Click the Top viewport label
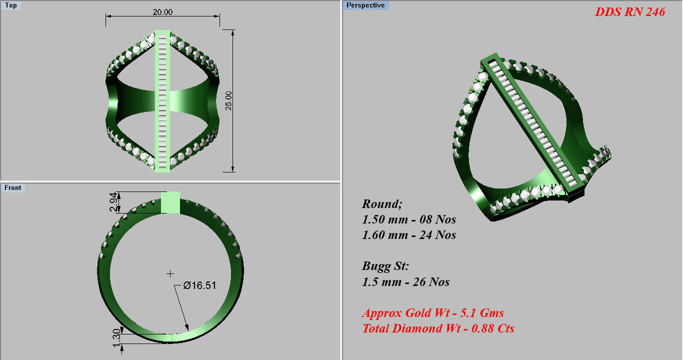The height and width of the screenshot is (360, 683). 10,5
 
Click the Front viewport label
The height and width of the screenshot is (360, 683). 13,187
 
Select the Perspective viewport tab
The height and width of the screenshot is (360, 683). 365,5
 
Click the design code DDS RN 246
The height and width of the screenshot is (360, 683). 629,12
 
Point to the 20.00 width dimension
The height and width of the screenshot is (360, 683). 162,12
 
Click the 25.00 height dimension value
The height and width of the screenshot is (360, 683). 229,101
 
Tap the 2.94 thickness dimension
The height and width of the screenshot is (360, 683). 113,202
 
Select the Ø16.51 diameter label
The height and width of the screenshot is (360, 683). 199,285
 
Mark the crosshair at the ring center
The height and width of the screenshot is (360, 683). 170,273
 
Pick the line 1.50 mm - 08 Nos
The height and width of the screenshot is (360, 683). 409,219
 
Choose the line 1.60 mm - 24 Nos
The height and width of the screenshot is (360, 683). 409,235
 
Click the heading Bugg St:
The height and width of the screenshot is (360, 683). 385,266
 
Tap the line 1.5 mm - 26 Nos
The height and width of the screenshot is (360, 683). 405,282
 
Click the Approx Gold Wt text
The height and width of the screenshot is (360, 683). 432,313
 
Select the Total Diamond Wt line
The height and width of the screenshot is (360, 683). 438,328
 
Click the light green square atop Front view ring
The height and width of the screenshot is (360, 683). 170,202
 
